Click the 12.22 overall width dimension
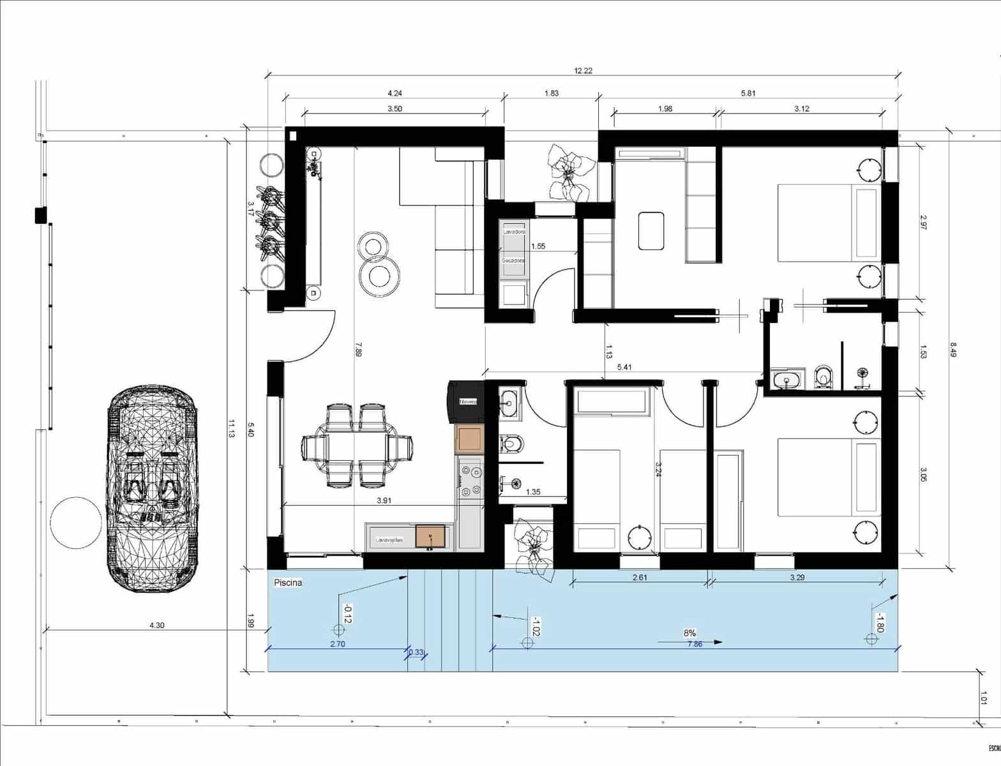pyautogui.click(x=583, y=71)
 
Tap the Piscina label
pyautogui.click(x=287, y=583)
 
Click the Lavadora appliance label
pyautogui.click(x=514, y=232)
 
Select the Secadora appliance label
pyautogui.click(x=513, y=261)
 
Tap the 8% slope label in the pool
pyautogui.click(x=689, y=633)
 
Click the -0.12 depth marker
pyautogui.click(x=348, y=613)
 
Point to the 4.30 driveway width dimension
pyautogui.click(x=156, y=626)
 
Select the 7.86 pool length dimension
pyautogui.click(x=695, y=645)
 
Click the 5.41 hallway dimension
pyautogui.click(x=624, y=367)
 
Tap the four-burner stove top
pyautogui.click(x=470, y=481)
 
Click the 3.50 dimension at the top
pyautogui.click(x=395, y=109)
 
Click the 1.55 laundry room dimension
pyautogui.click(x=538, y=246)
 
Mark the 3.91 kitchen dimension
pyautogui.click(x=384, y=501)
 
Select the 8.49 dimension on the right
pyautogui.click(x=953, y=350)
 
